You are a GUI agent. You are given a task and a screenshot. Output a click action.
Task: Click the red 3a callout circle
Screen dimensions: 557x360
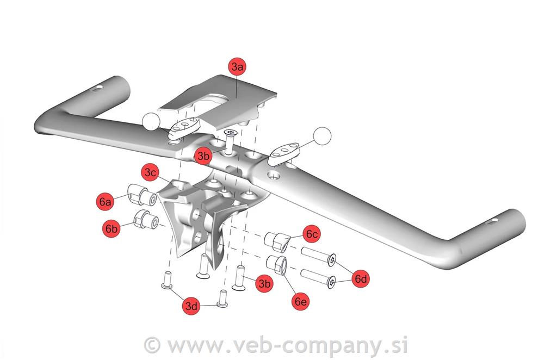[237, 66]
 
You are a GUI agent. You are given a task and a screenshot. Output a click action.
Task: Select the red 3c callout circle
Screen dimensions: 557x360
[150, 173]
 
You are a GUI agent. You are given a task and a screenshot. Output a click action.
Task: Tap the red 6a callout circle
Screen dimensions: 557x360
[105, 202]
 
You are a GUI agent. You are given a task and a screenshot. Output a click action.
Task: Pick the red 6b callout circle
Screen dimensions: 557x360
[111, 228]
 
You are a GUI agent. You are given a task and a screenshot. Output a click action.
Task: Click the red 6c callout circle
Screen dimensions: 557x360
[312, 234]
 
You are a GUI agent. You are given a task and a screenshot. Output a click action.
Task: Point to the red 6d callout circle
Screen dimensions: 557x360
[361, 278]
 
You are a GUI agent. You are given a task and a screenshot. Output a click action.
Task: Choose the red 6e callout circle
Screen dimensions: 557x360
[300, 301]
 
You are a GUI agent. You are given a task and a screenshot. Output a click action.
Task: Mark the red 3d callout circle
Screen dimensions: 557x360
[191, 306]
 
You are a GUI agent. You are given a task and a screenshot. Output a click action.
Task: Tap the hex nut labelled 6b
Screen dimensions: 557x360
[146, 219]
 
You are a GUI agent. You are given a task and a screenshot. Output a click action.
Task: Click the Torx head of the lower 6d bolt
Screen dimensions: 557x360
[331, 282]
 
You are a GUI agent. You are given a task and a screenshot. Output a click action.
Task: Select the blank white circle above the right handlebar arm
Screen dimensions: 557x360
[322, 136]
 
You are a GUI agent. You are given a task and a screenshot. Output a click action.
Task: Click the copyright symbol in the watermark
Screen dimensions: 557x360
[152, 344]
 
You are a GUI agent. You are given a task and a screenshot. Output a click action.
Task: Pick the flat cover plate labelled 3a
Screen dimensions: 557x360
[217, 101]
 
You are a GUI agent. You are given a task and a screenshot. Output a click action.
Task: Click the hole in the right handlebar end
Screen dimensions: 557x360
[492, 222]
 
